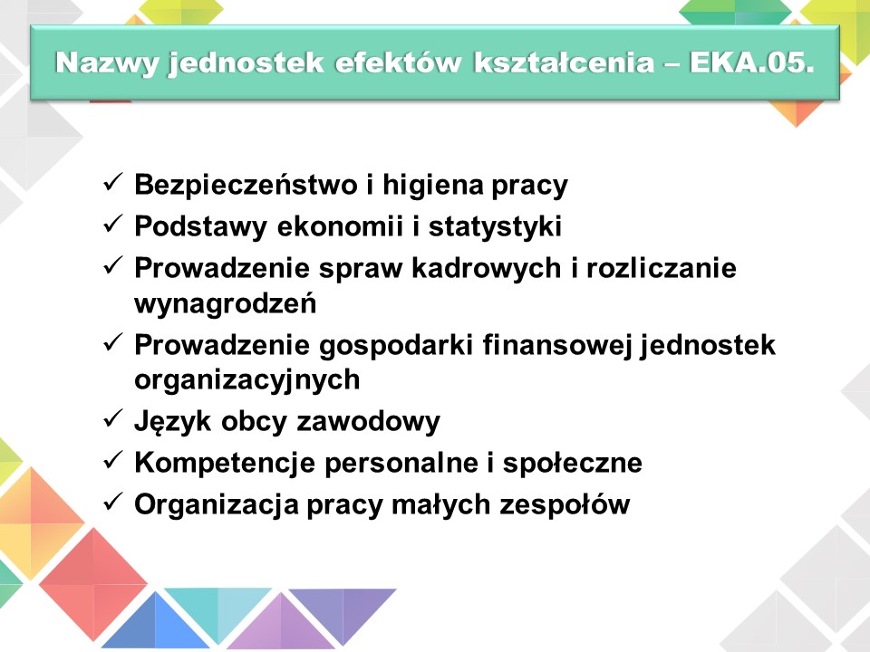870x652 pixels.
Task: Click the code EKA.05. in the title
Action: (x=752, y=62)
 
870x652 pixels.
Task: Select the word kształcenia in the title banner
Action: (x=565, y=62)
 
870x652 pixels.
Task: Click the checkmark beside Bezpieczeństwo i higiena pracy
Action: (x=112, y=182)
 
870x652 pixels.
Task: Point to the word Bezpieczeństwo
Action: (x=246, y=184)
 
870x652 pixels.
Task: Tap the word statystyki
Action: (x=495, y=227)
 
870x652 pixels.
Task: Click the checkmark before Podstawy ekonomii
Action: (x=112, y=224)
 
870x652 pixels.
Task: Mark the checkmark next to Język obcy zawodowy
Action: (x=112, y=418)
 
